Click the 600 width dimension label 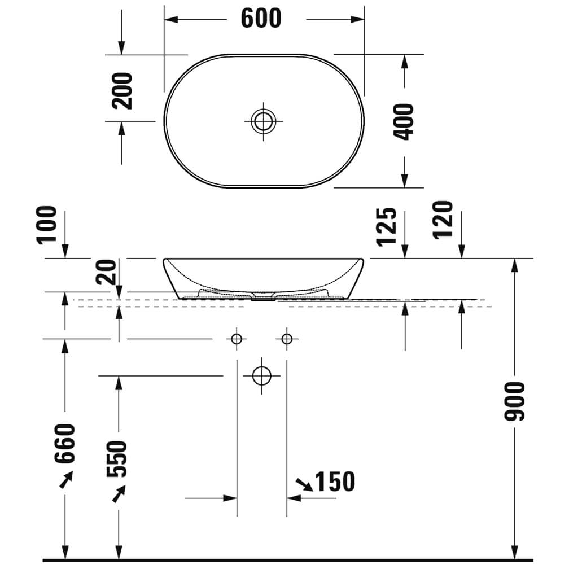click(261, 19)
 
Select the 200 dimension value click(122, 90)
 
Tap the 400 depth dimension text click(405, 121)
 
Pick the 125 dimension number click(387, 227)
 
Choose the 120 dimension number click(444, 220)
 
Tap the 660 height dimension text click(65, 443)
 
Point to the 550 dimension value click(118, 459)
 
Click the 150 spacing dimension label click(335, 482)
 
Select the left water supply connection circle click(236, 339)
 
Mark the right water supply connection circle click(287, 339)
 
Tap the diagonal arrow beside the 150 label click(304, 484)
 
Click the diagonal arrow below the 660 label click(66, 480)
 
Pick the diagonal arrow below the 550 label click(119, 494)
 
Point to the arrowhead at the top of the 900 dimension click(515, 264)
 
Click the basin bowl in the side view click(264, 277)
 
